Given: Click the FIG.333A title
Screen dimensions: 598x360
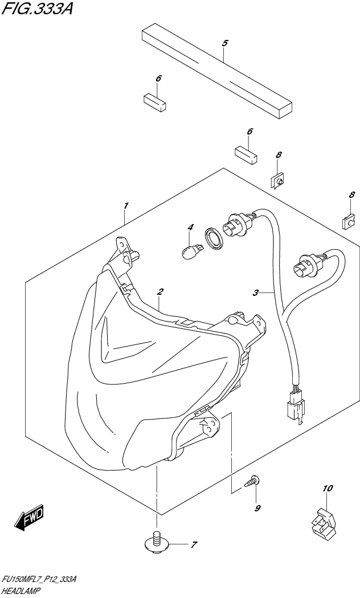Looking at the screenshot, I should point(37,10).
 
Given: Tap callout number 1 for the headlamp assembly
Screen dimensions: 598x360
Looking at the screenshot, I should point(126,205).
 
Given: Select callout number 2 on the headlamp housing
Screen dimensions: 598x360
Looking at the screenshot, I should point(161,292).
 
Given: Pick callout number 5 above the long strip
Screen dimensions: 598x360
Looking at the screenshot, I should point(224,43).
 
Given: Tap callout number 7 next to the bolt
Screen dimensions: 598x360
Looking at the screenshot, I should point(193,545).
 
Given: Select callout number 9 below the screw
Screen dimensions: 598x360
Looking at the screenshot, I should point(257,508).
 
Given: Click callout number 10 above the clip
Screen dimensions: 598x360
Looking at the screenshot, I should point(328,488).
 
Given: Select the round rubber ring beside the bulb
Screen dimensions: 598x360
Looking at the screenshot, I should point(212,238).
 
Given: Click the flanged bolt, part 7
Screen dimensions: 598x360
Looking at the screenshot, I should point(156,542).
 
